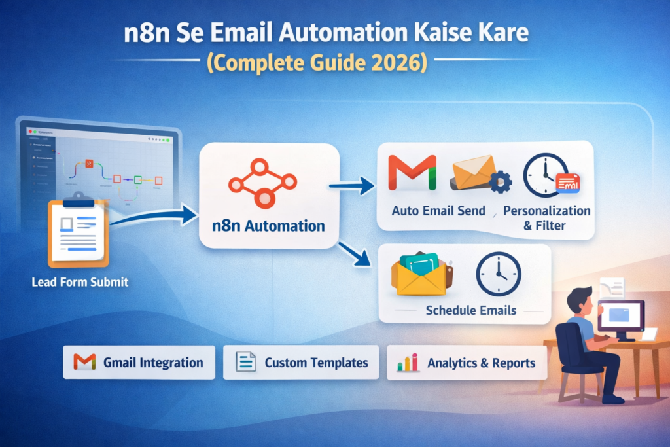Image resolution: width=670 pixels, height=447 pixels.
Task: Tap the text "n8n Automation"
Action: [268, 226]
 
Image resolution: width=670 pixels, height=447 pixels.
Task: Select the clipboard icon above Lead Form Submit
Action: [78, 229]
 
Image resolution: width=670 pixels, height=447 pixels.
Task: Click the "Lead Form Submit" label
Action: [80, 283]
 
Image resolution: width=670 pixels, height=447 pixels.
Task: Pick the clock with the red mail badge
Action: [547, 175]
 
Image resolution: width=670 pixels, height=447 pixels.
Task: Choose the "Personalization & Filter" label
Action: [547, 218]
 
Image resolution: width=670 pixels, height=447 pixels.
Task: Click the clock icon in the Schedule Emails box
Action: [498, 274]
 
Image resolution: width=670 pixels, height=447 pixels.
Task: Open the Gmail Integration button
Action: [139, 363]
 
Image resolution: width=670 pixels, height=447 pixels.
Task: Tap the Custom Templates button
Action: [301, 363]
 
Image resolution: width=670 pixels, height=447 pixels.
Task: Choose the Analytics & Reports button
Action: [467, 363]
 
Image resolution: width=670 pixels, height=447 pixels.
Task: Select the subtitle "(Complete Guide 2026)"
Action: [334, 63]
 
